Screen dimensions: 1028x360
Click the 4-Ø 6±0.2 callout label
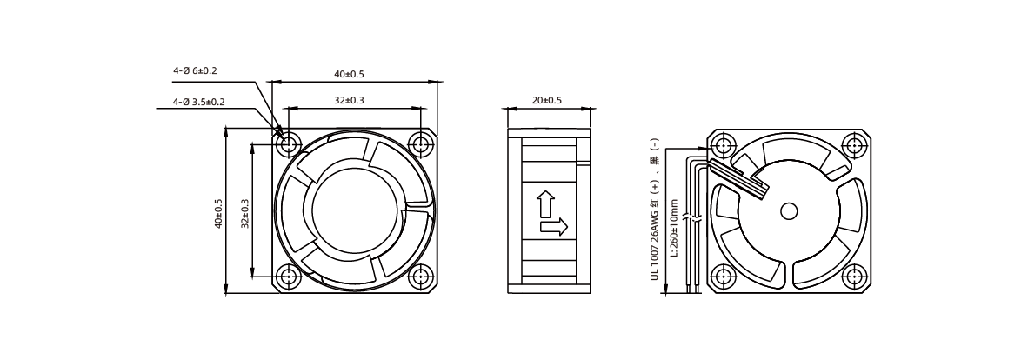195,70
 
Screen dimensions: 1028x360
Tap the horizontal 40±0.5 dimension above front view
349,74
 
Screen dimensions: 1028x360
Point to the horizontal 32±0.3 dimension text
349,100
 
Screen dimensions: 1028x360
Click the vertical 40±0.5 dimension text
218,214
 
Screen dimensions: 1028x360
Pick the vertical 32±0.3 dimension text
244,214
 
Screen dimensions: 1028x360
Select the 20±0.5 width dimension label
546,100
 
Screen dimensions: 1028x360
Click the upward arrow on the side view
545,204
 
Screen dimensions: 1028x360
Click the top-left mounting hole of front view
288,144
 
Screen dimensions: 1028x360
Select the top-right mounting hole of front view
419,144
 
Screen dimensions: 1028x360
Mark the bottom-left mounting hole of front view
288,276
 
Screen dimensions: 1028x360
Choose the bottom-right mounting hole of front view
419,276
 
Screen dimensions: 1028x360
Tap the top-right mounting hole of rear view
854,145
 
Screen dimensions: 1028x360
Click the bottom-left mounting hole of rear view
723,276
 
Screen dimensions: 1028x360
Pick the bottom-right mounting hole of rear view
854,276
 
